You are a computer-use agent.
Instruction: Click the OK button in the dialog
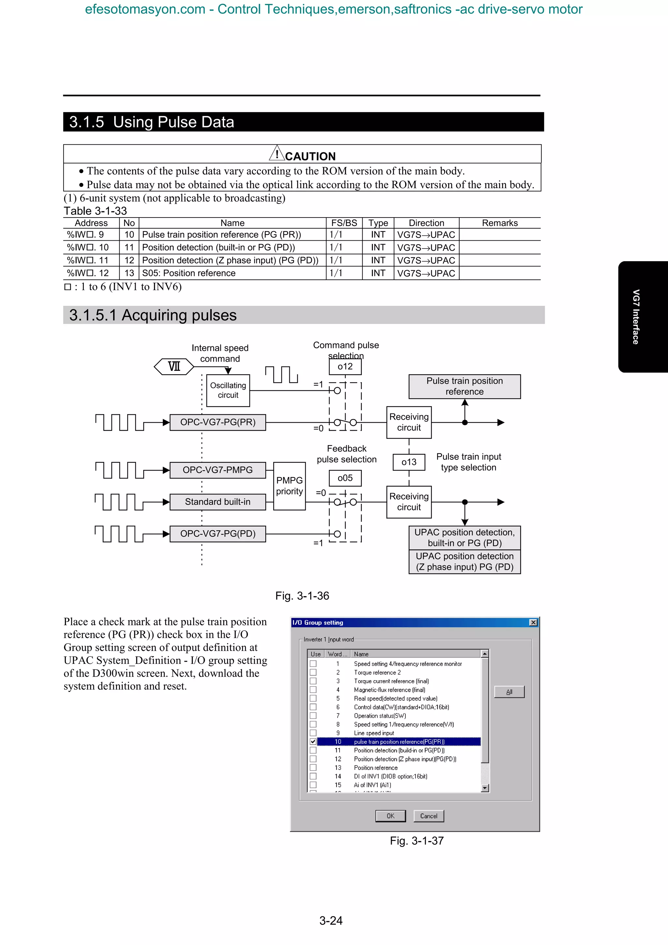click(390, 816)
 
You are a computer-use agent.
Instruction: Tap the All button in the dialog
click(509, 692)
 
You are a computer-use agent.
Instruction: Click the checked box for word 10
click(313, 742)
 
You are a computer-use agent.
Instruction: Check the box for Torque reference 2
click(313, 672)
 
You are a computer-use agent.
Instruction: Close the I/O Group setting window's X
click(533, 622)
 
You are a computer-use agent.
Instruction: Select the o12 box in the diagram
click(345, 367)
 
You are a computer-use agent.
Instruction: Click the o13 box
click(409, 462)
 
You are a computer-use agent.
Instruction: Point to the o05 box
click(345, 478)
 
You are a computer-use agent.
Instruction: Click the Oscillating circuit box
click(228, 390)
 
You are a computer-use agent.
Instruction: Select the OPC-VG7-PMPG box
click(218, 470)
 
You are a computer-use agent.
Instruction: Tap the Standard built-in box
click(218, 502)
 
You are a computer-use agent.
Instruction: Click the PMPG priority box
click(289, 486)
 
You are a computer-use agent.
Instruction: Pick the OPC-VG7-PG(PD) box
click(218, 534)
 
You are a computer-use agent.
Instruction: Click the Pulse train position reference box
click(464, 386)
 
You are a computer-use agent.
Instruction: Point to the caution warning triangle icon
click(277, 154)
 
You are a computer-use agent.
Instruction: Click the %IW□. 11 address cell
click(88, 261)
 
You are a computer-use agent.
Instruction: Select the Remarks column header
click(500, 223)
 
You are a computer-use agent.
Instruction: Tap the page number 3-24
click(331, 920)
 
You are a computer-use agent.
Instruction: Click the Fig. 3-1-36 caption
click(302, 596)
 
